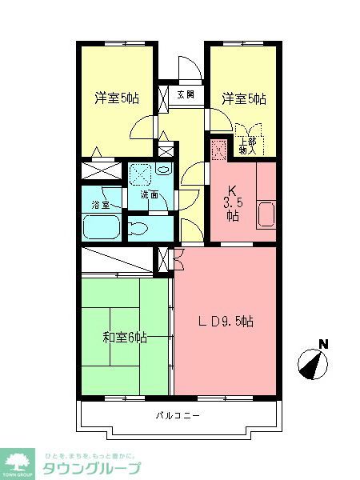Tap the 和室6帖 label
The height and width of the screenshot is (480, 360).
124,337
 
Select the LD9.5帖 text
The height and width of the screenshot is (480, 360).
226,322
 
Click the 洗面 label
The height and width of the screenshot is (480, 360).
150,195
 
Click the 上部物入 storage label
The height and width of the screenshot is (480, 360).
248,146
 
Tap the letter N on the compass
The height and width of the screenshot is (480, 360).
323,345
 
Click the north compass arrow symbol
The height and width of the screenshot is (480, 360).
314,364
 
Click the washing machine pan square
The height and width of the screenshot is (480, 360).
142,172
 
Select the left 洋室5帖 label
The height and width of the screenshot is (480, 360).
117,98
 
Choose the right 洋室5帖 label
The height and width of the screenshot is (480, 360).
244,98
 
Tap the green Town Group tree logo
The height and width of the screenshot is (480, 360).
19,462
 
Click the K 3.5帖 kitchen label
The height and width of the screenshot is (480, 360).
233,202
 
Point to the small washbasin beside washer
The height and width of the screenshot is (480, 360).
163,170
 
